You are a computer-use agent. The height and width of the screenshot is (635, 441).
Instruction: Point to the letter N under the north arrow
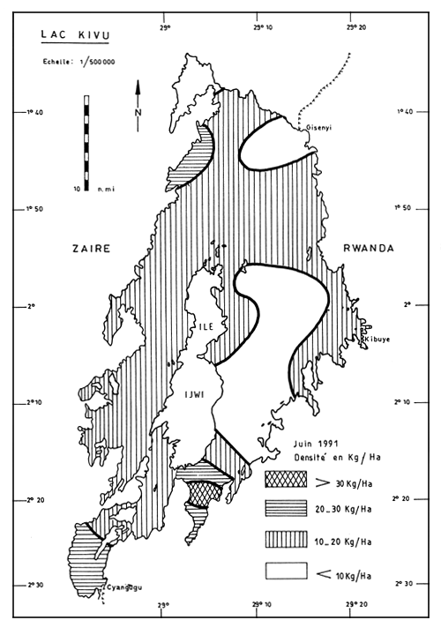tap(138, 113)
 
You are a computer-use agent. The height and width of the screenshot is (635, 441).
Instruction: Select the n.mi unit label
tap(106, 189)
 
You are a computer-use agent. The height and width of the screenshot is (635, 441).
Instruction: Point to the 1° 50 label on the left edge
tap(29, 208)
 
